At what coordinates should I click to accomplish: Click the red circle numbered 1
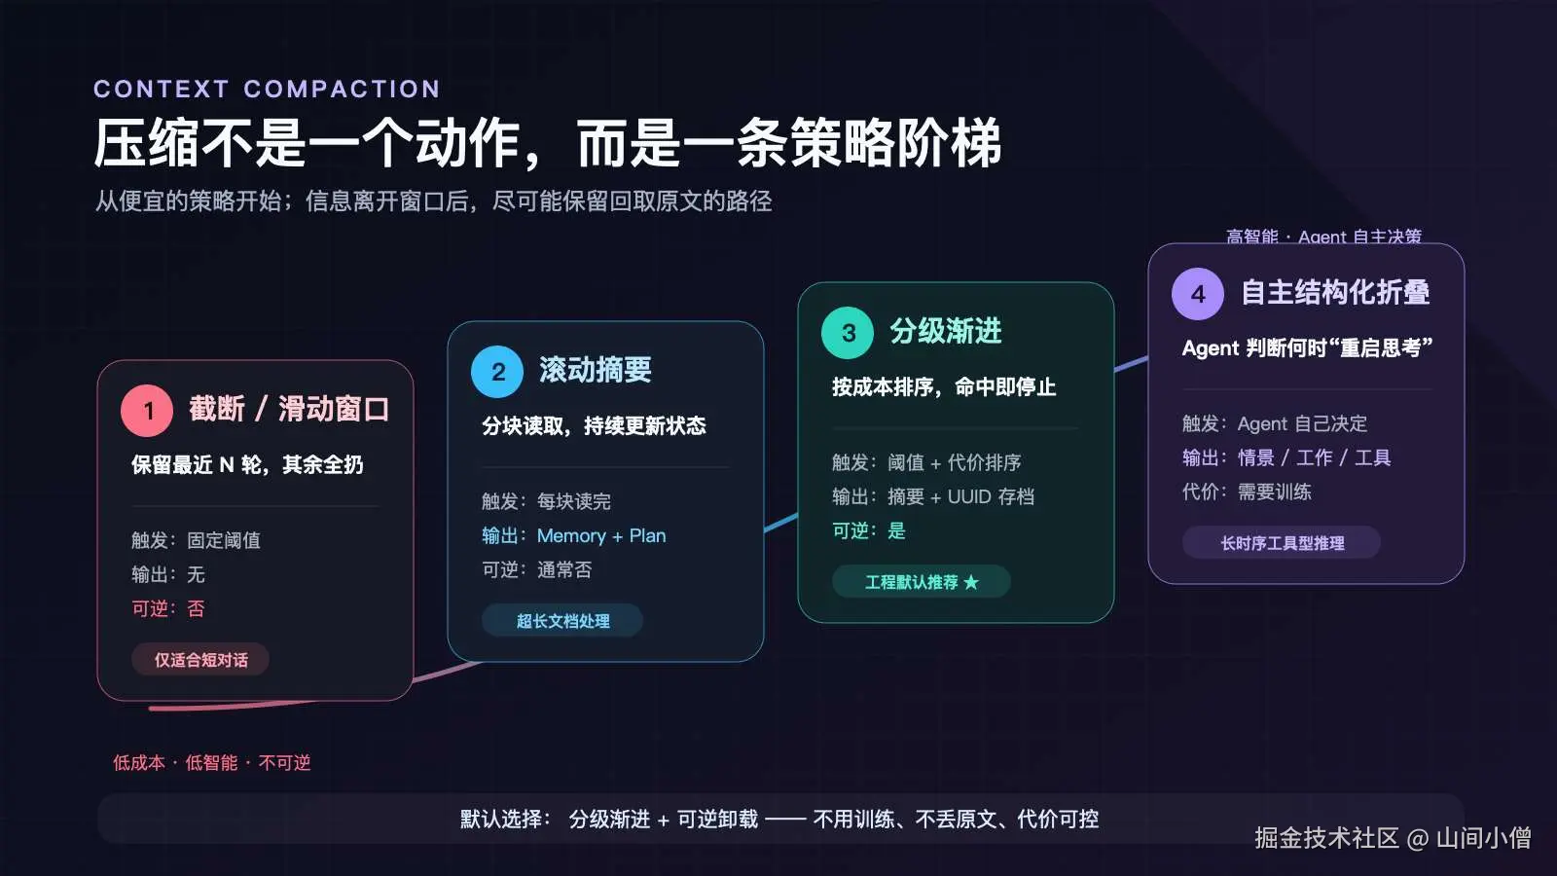(147, 410)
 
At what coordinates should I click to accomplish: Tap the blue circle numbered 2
(497, 371)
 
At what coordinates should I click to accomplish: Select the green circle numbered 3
(848, 332)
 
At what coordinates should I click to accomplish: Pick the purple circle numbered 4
(1198, 293)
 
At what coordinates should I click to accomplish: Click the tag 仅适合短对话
(200, 659)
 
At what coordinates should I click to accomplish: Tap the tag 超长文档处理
(562, 620)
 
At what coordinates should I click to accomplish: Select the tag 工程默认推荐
(921, 581)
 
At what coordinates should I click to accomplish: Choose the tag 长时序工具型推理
(1282, 542)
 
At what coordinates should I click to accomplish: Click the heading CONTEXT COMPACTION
(267, 89)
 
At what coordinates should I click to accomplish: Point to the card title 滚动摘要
(595, 370)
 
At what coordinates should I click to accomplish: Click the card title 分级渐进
(945, 331)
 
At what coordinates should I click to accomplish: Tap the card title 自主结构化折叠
(1335, 292)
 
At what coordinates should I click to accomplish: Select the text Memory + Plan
(601, 535)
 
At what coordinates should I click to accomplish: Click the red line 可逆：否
(167, 608)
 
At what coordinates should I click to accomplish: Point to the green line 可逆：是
(869, 530)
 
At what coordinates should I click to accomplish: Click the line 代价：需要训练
(1247, 492)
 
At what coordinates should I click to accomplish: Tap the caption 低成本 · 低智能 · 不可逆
(211, 763)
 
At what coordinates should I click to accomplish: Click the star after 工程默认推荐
(971, 582)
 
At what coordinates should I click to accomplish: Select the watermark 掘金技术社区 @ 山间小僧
(1393, 838)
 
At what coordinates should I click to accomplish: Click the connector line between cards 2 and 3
(780, 523)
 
